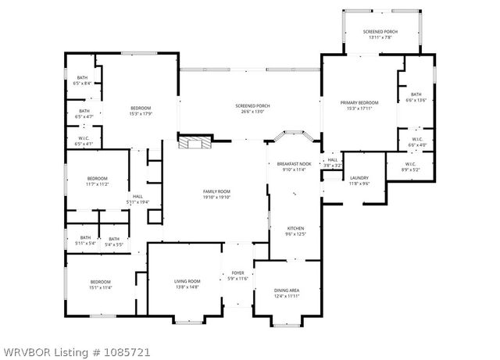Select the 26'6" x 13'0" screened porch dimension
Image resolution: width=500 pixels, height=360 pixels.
point(251,112)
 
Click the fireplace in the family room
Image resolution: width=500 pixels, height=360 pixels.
point(195,143)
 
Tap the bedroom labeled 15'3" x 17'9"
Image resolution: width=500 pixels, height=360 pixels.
point(140,110)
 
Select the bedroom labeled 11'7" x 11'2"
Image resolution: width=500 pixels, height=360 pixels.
point(97,181)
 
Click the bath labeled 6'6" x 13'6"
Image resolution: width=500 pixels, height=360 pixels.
point(416,98)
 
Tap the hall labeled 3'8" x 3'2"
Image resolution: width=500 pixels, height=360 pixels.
point(333,162)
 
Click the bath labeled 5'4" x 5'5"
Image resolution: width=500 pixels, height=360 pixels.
point(114,242)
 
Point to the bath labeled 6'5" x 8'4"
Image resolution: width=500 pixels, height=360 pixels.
point(82,80)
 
